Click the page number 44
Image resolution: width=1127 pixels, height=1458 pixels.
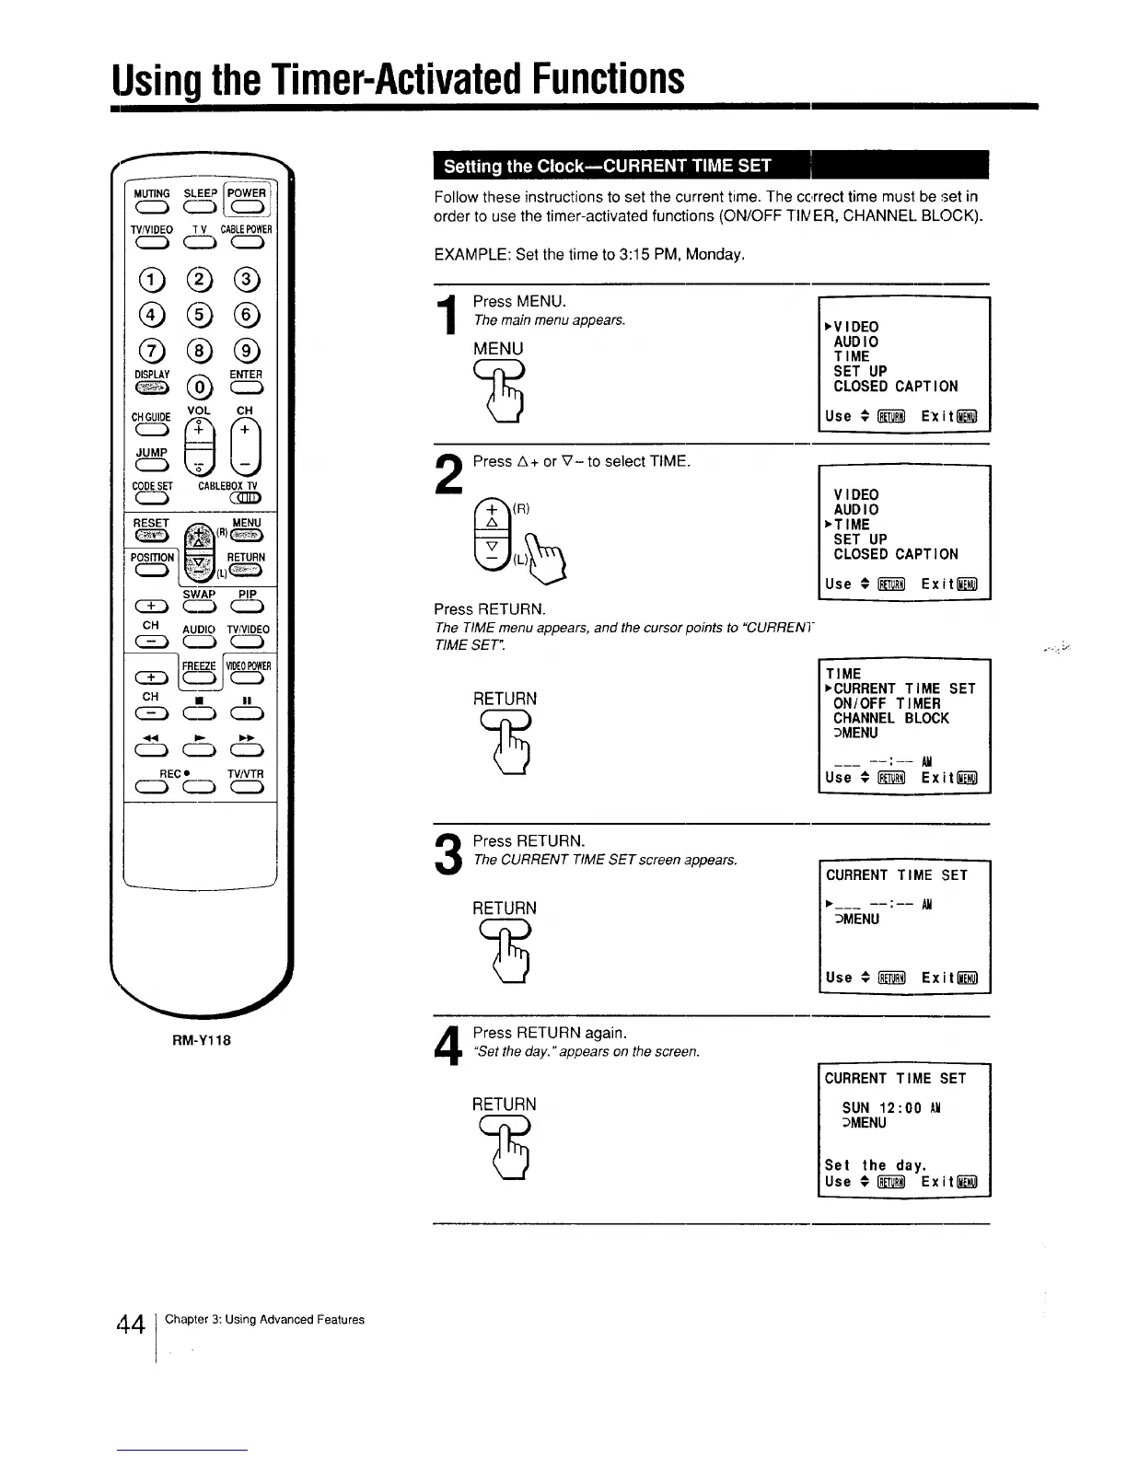pyautogui.click(x=131, y=1325)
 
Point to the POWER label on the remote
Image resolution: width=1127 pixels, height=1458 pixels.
pyautogui.click(x=247, y=193)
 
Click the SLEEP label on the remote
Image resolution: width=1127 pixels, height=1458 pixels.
pyautogui.click(x=200, y=193)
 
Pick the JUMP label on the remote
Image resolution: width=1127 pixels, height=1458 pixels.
pyautogui.click(x=152, y=453)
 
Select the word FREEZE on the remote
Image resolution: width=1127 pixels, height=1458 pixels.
pyautogui.click(x=199, y=665)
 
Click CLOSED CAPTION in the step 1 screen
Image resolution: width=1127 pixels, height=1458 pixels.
pyautogui.click(x=895, y=387)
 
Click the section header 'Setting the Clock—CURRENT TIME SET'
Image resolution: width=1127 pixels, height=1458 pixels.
pyautogui.click(x=608, y=167)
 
